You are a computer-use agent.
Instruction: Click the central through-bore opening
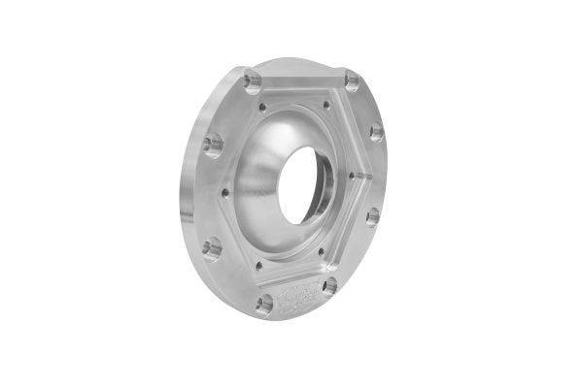click(x=304, y=183)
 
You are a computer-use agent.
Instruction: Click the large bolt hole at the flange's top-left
click(x=254, y=80)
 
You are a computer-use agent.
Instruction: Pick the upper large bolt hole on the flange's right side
click(x=376, y=132)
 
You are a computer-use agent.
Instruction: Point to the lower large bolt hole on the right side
click(x=372, y=215)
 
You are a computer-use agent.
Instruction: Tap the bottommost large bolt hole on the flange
click(x=263, y=304)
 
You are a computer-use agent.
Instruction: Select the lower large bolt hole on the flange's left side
click(x=213, y=249)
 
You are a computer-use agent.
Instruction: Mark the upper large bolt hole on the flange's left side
click(x=213, y=145)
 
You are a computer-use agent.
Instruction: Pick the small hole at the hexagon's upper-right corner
click(x=326, y=105)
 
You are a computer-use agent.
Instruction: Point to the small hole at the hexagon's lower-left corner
click(x=258, y=263)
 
